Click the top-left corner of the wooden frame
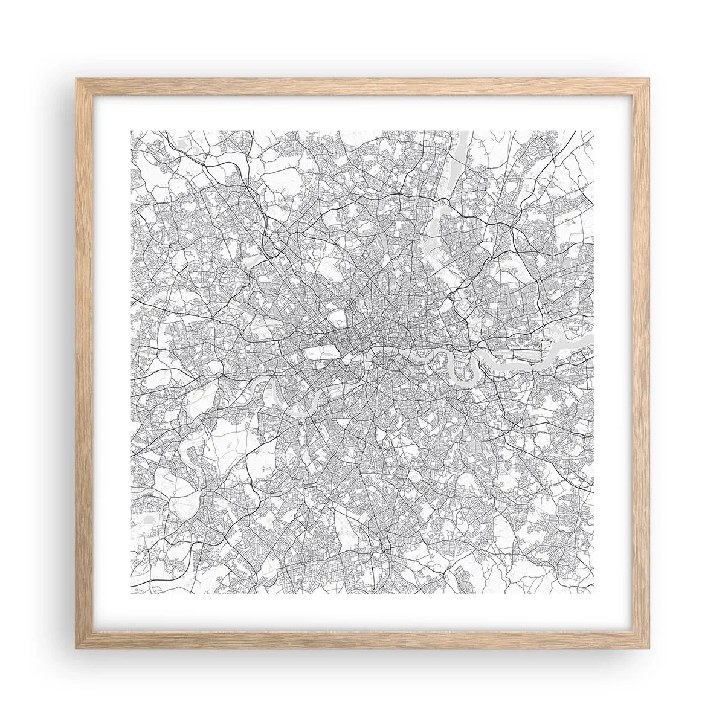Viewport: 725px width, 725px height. (76, 80)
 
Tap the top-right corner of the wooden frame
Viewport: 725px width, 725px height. (649, 80)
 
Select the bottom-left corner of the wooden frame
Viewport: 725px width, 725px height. (76, 649)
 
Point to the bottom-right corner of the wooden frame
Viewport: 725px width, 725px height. (649, 649)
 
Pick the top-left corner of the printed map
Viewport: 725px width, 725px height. (131, 131)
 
